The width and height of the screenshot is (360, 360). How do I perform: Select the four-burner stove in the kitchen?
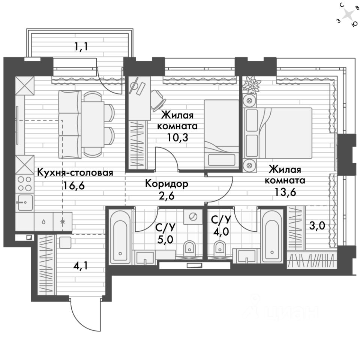25,184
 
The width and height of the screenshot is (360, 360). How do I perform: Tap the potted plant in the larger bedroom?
250,85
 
